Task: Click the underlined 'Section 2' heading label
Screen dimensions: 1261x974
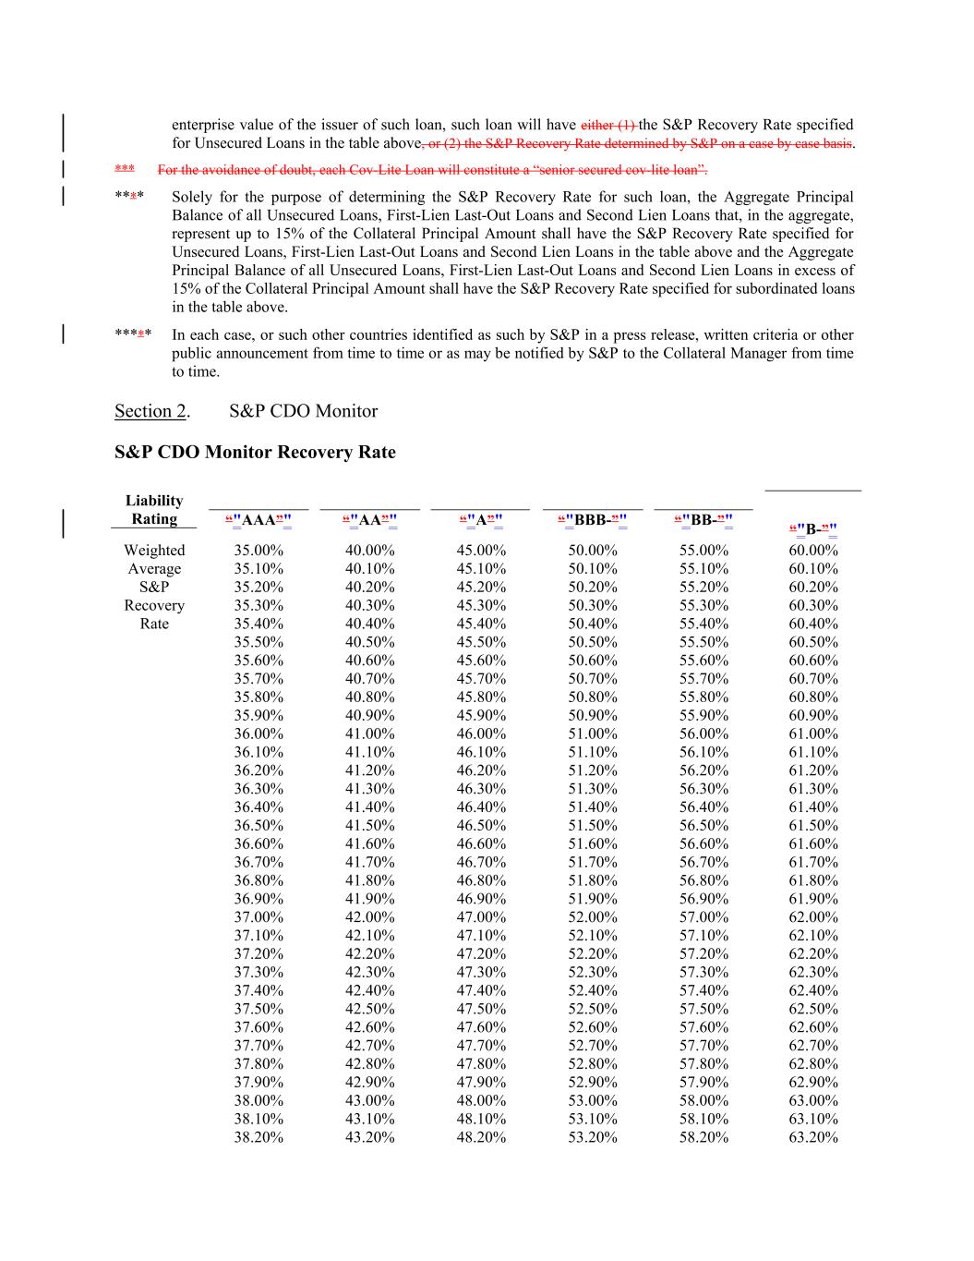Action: coord(150,411)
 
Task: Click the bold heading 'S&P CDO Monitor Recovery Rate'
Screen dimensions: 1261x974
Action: coord(255,452)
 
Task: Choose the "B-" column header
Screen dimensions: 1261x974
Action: coord(812,529)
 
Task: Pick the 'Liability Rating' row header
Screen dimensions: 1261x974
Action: coord(154,510)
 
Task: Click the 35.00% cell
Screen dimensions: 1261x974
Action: coord(259,551)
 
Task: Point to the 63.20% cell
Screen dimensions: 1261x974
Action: coord(813,1137)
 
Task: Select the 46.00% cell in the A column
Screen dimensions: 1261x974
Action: coord(481,734)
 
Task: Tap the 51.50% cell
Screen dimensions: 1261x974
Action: coord(593,825)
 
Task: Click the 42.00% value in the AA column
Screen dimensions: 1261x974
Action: coord(369,916)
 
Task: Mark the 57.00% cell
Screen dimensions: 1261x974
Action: coord(703,916)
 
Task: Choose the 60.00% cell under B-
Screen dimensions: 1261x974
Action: coord(813,551)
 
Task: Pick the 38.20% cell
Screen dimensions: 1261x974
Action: coord(259,1137)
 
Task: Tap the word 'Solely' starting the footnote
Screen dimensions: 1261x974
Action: coord(192,197)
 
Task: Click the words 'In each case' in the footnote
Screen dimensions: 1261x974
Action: coord(210,335)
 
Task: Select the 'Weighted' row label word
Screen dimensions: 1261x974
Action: coord(154,551)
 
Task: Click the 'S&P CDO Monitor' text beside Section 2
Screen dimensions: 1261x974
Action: coord(303,411)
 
